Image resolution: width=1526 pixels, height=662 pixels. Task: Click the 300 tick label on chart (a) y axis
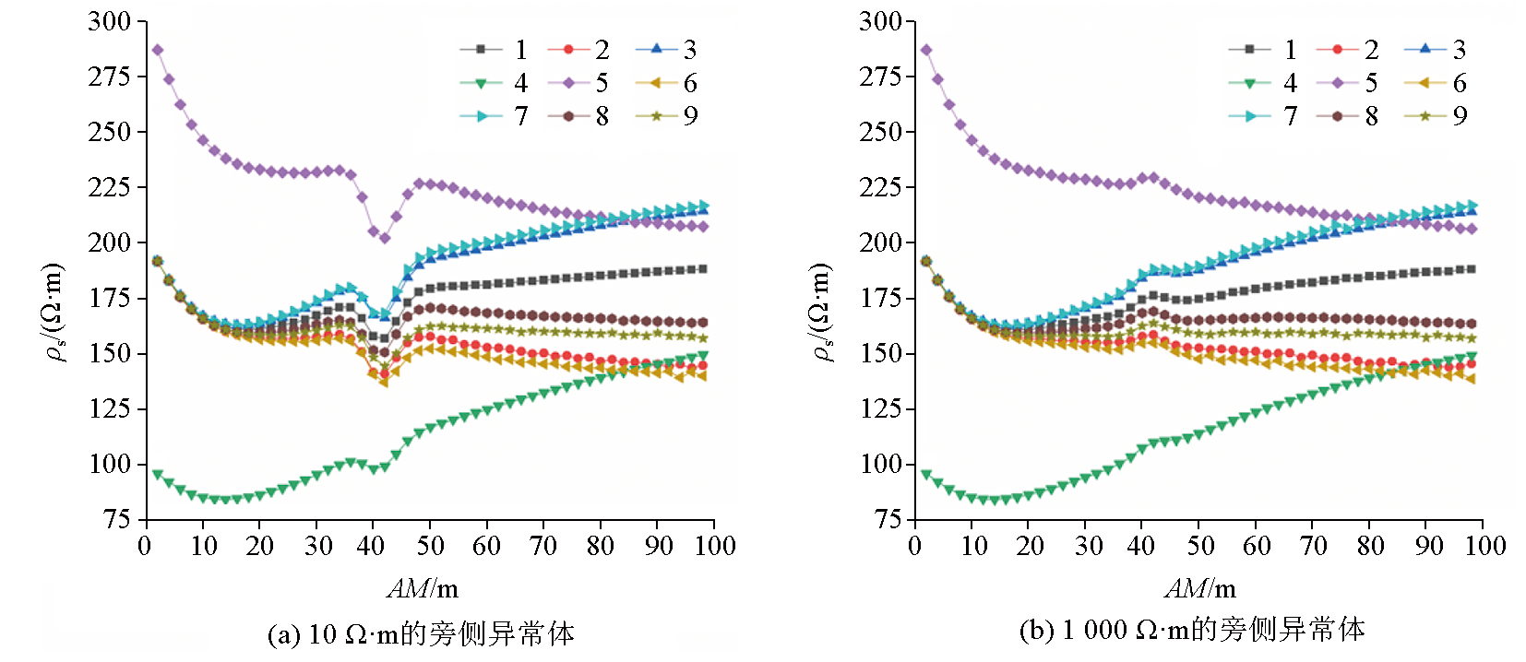[x=110, y=21]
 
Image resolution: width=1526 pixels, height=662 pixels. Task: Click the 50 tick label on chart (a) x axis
[x=430, y=546]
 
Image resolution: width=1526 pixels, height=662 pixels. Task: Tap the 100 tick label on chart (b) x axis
[x=1484, y=546]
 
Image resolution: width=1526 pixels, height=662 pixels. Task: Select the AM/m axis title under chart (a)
[x=423, y=588]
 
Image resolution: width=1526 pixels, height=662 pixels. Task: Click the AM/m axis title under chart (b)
[x=1200, y=588]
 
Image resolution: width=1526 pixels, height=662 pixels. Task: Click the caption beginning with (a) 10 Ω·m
[x=421, y=634]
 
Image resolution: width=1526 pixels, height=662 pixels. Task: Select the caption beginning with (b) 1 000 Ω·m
[x=1192, y=631]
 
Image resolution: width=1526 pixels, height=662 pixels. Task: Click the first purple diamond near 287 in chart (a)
[x=158, y=50]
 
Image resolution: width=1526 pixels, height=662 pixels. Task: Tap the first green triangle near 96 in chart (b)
[x=926, y=474]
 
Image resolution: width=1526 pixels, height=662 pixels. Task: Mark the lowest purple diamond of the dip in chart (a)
[x=385, y=238]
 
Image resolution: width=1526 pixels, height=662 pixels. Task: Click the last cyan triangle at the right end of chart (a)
[x=704, y=206]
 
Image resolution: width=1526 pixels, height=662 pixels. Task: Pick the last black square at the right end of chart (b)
[x=1472, y=269]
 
